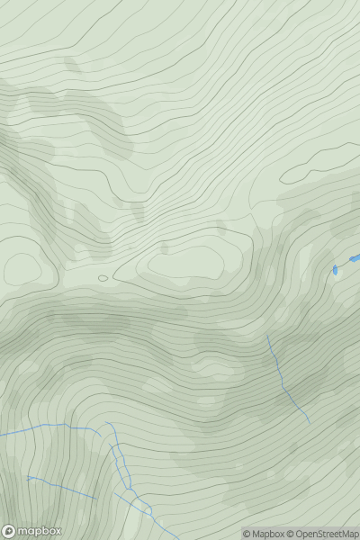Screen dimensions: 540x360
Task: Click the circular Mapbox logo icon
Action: (x=9, y=531)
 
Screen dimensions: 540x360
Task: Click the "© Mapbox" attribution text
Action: (x=265, y=534)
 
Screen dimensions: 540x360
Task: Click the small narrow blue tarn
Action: (x=335, y=269)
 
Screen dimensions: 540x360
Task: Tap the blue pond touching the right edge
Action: (x=355, y=259)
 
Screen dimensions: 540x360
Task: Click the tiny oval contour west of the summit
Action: (x=103, y=278)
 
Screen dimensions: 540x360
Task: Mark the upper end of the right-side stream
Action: (x=268, y=336)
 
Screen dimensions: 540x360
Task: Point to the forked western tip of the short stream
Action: (x=29, y=478)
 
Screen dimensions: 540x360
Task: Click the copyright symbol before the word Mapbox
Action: (x=247, y=534)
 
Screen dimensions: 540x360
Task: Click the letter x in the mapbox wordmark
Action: (x=57, y=531)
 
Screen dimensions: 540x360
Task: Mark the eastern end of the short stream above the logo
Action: (x=95, y=498)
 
